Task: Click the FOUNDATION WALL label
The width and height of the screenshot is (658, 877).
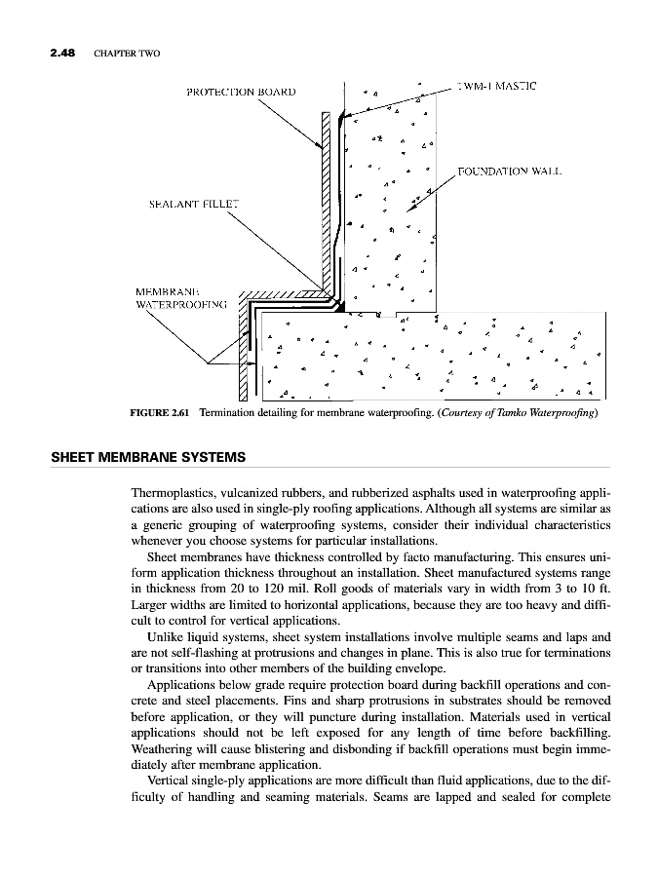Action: (513, 172)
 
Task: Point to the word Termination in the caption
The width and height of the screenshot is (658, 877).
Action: (227, 413)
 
